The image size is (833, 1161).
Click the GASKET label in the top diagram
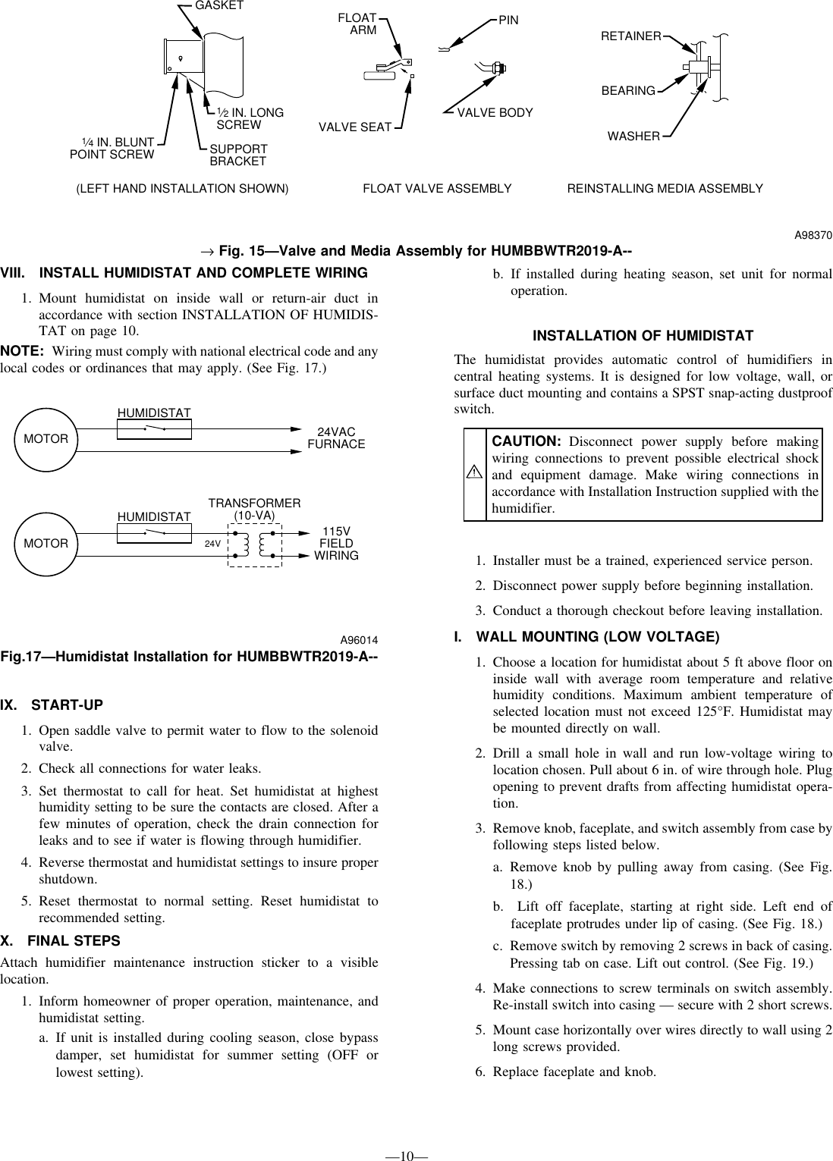tap(219, 5)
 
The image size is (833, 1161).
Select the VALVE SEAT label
tap(354, 127)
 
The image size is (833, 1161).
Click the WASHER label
tap(633, 136)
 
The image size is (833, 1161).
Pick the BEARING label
tap(628, 91)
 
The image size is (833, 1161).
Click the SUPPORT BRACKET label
tap(238, 155)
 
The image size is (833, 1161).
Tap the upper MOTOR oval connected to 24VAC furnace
tap(46, 439)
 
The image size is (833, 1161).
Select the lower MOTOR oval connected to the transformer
tap(46, 544)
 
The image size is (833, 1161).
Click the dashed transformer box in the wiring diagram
tap(254, 544)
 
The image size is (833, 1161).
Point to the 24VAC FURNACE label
tap(336, 438)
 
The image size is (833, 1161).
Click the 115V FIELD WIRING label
tap(336, 543)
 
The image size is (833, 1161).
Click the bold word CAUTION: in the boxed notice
tap(527, 441)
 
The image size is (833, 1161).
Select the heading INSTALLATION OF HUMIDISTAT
tap(643, 336)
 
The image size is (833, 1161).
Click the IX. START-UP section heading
tap(52, 705)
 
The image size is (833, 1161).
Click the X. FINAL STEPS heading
tap(61, 941)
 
